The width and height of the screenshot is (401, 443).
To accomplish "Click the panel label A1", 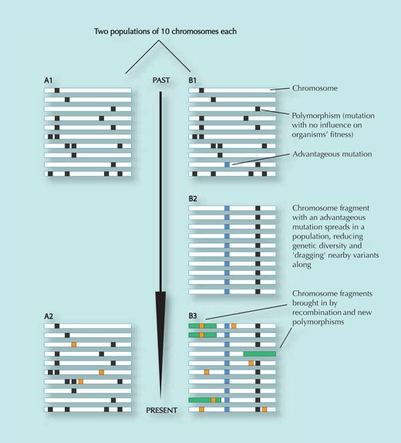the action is [x=49, y=80].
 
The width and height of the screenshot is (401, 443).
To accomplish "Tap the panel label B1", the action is [x=192, y=80].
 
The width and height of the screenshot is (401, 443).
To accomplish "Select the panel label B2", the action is [x=193, y=198].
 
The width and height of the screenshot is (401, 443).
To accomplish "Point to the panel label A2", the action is [x=49, y=316].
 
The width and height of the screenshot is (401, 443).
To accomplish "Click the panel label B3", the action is [x=193, y=316].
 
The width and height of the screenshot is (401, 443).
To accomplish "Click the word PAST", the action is [x=161, y=80].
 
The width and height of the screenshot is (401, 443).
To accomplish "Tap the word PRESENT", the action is [x=161, y=411].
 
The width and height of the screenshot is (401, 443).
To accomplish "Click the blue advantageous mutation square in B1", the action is [x=227, y=164].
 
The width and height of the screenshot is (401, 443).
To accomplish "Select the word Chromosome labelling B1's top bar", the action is [x=315, y=88].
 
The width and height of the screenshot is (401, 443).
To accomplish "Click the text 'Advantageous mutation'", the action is [x=332, y=154].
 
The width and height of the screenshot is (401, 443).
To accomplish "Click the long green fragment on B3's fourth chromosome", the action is [x=260, y=353].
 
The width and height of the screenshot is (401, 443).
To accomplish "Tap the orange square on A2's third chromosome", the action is [x=74, y=344].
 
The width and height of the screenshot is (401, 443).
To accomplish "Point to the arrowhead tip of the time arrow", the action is [x=160, y=397].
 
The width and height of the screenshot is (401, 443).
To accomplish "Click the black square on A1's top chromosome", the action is [x=57, y=90].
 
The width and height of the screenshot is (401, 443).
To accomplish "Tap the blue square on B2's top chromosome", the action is [x=227, y=208].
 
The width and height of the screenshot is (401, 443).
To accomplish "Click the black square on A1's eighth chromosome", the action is [x=74, y=155].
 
